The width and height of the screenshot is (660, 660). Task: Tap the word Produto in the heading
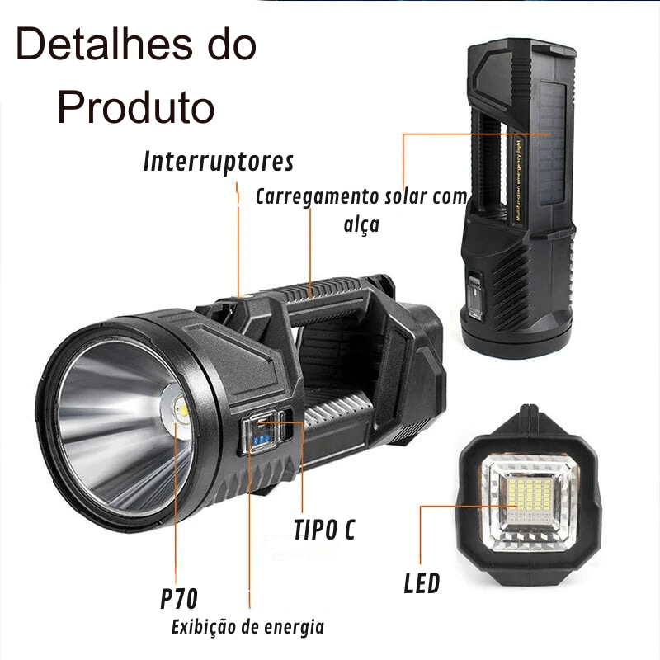pos(136,106)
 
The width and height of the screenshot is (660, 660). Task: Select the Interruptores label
pos(219,161)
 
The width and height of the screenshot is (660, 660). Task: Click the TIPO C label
pos(324,530)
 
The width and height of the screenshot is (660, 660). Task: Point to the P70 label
pos(179,597)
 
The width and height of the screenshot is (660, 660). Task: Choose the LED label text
pos(422,584)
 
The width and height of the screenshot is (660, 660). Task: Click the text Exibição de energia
pos(247,627)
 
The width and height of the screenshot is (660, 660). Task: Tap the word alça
pos(361,224)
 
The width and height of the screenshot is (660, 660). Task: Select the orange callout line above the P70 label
pos(176,503)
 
